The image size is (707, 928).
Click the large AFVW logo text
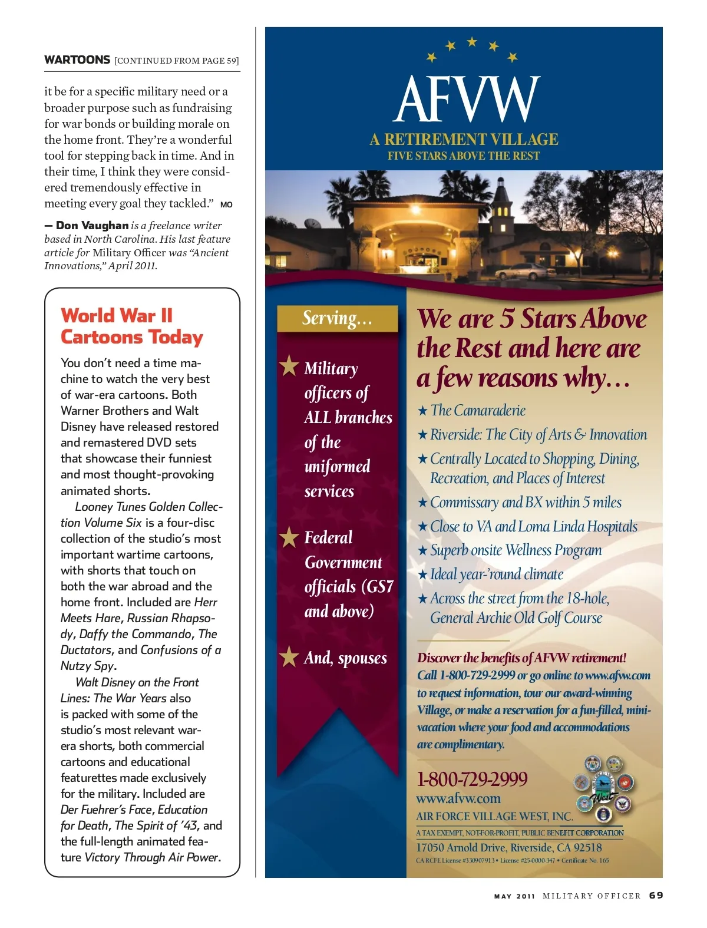[x=466, y=100]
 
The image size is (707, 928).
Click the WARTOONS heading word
[x=77, y=60]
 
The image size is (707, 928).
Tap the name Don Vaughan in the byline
[x=92, y=226]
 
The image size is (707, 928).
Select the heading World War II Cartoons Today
[x=131, y=326]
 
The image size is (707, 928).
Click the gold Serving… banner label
[x=337, y=319]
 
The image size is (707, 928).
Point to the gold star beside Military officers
[x=289, y=366]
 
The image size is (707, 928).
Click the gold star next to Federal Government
[x=289, y=537]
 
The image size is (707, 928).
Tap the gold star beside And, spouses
[x=289, y=656]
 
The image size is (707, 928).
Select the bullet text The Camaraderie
[x=478, y=411]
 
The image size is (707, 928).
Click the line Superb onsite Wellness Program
[x=516, y=550]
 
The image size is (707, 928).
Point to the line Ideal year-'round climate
[x=496, y=574]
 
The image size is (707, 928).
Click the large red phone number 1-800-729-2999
[x=472, y=780]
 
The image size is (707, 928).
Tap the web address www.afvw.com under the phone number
[x=458, y=799]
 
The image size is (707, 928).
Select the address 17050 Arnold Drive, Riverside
[x=509, y=848]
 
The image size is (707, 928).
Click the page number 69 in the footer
[x=656, y=896]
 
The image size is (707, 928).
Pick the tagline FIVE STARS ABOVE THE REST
[x=464, y=156]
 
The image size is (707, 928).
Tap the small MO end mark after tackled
[x=226, y=205]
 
